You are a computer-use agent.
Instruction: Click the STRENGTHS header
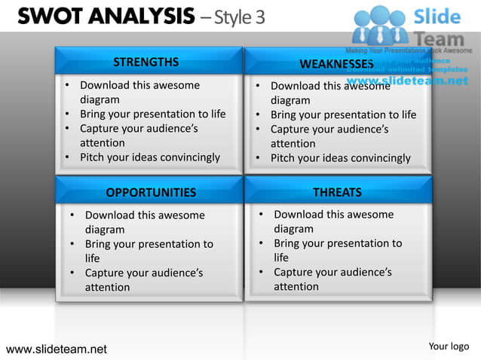[x=146, y=62]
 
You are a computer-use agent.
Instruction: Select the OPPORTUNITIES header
[x=151, y=192]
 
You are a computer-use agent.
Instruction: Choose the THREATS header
[x=337, y=192]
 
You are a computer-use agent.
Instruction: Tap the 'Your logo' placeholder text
[x=449, y=346]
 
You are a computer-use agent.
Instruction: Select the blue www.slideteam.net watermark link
[x=407, y=81]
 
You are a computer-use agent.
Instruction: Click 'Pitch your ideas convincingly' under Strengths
[x=150, y=157]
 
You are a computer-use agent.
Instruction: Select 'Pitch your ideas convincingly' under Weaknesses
[x=341, y=158]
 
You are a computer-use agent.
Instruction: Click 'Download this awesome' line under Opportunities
[x=145, y=215]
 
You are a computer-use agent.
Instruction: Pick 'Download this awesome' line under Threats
[x=333, y=215]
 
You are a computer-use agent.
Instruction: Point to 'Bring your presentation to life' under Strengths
[x=153, y=114]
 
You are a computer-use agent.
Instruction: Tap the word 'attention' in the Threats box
[x=296, y=287]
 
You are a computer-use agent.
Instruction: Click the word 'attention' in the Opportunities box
[x=107, y=287]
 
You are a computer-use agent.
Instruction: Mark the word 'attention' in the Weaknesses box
[x=293, y=143]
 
